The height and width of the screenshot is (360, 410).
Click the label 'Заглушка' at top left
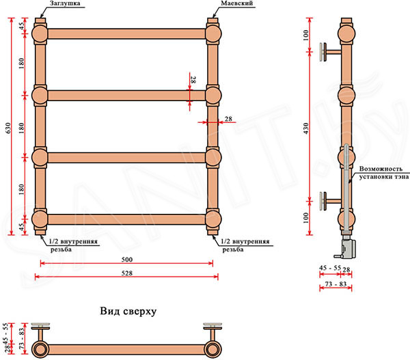tap(65, 3)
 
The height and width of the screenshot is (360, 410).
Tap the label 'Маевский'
tap(237, 3)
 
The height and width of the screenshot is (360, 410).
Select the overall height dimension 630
tap(8, 128)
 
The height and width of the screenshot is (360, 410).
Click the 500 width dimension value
tap(127, 260)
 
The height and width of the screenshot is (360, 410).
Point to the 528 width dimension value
tap(127, 273)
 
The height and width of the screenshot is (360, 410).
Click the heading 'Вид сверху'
tap(128, 311)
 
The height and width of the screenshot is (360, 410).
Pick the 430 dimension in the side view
tap(305, 128)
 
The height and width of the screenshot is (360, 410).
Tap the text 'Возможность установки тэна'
tap(383, 173)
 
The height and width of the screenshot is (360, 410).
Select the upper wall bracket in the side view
tap(330, 52)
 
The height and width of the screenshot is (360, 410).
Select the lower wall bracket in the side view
tap(330, 201)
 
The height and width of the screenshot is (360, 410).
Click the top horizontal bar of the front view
tap(127, 33)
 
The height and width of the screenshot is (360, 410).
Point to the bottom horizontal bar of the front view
tap(127, 219)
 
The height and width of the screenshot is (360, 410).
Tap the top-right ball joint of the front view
tap(213, 33)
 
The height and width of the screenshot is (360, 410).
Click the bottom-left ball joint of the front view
tap(40, 219)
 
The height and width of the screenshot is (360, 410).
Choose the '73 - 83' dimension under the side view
tap(336, 284)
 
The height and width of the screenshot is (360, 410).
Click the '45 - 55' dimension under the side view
tap(330, 268)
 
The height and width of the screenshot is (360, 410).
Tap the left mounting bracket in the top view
tap(40, 331)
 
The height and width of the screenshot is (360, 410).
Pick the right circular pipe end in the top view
tap(213, 349)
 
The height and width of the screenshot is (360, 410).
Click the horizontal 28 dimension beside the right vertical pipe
tap(228, 119)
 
